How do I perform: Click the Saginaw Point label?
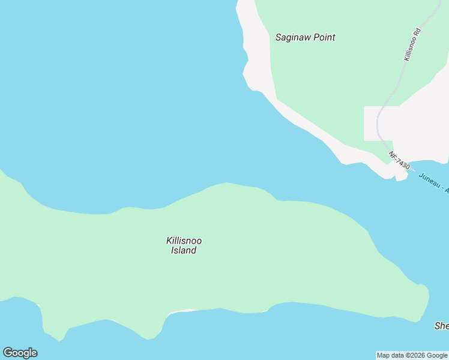305,37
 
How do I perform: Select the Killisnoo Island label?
184,245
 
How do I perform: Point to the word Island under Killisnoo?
184,251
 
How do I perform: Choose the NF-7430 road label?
399,160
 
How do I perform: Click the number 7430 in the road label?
402,163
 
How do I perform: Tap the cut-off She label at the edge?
441,326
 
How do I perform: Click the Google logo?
20,353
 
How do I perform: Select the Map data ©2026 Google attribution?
412,355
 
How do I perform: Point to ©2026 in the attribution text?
416,355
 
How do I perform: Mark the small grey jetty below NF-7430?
401,175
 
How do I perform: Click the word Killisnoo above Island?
184,241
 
